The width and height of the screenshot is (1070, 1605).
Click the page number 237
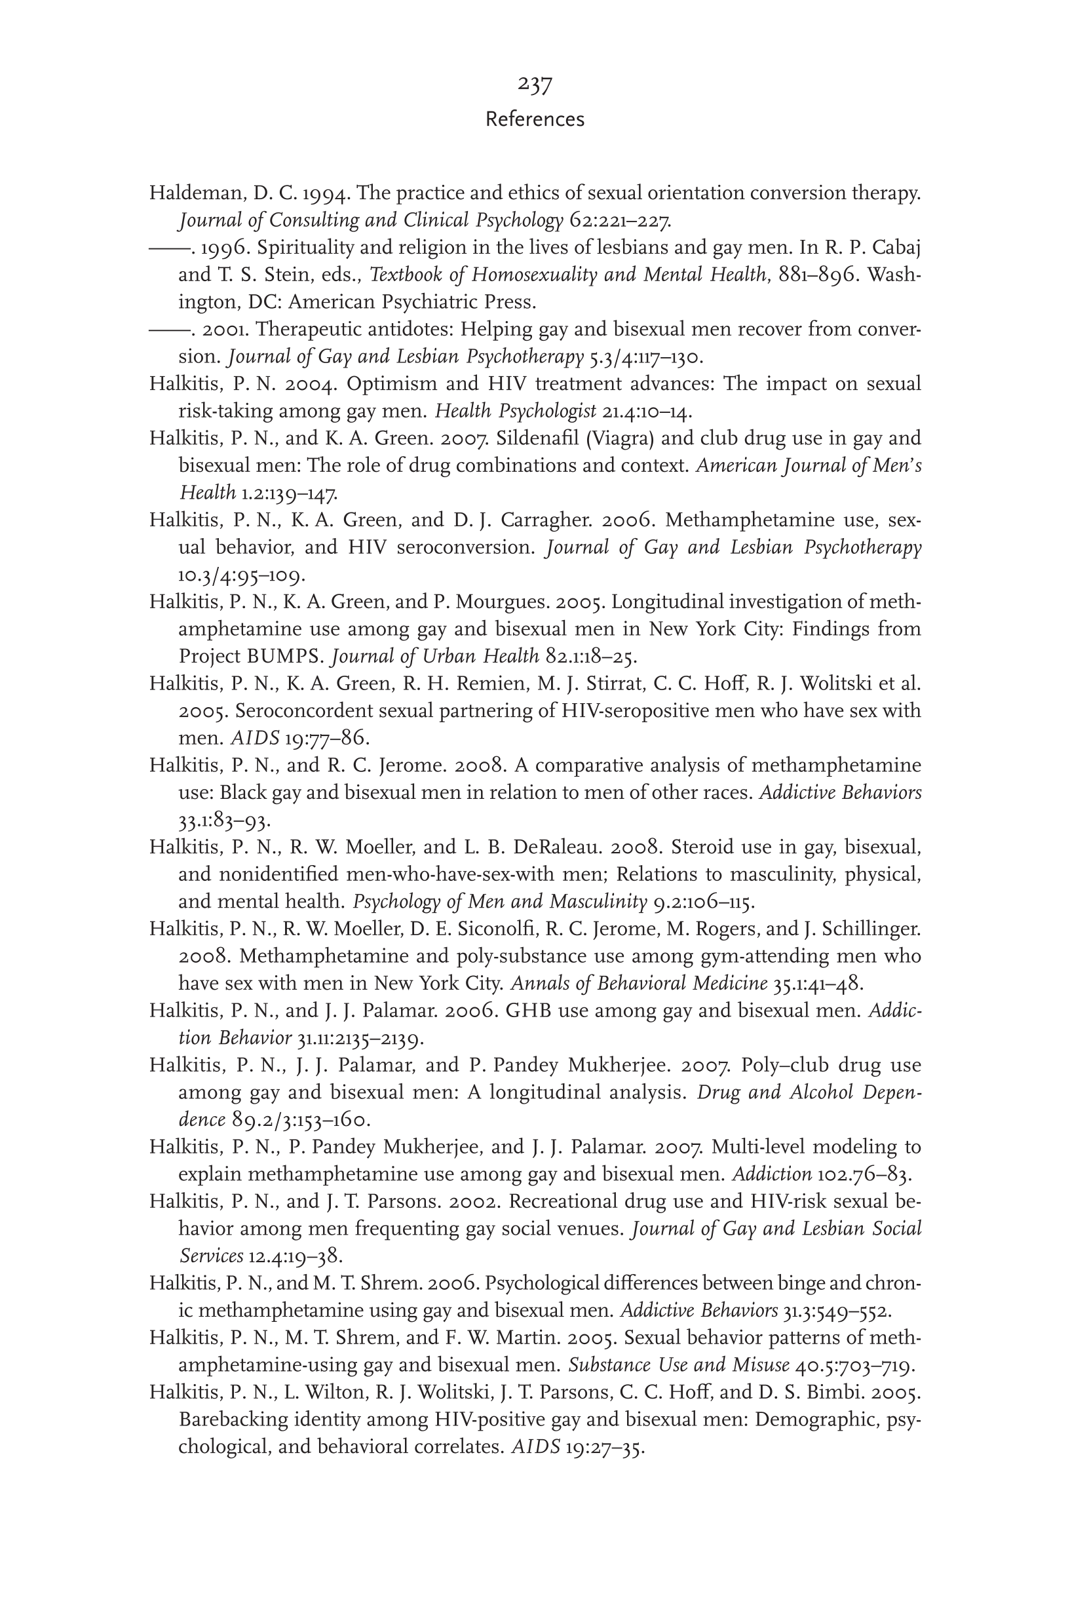(x=534, y=85)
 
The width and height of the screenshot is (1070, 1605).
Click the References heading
(x=534, y=119)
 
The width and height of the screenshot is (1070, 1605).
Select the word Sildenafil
(x=537, y=438)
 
